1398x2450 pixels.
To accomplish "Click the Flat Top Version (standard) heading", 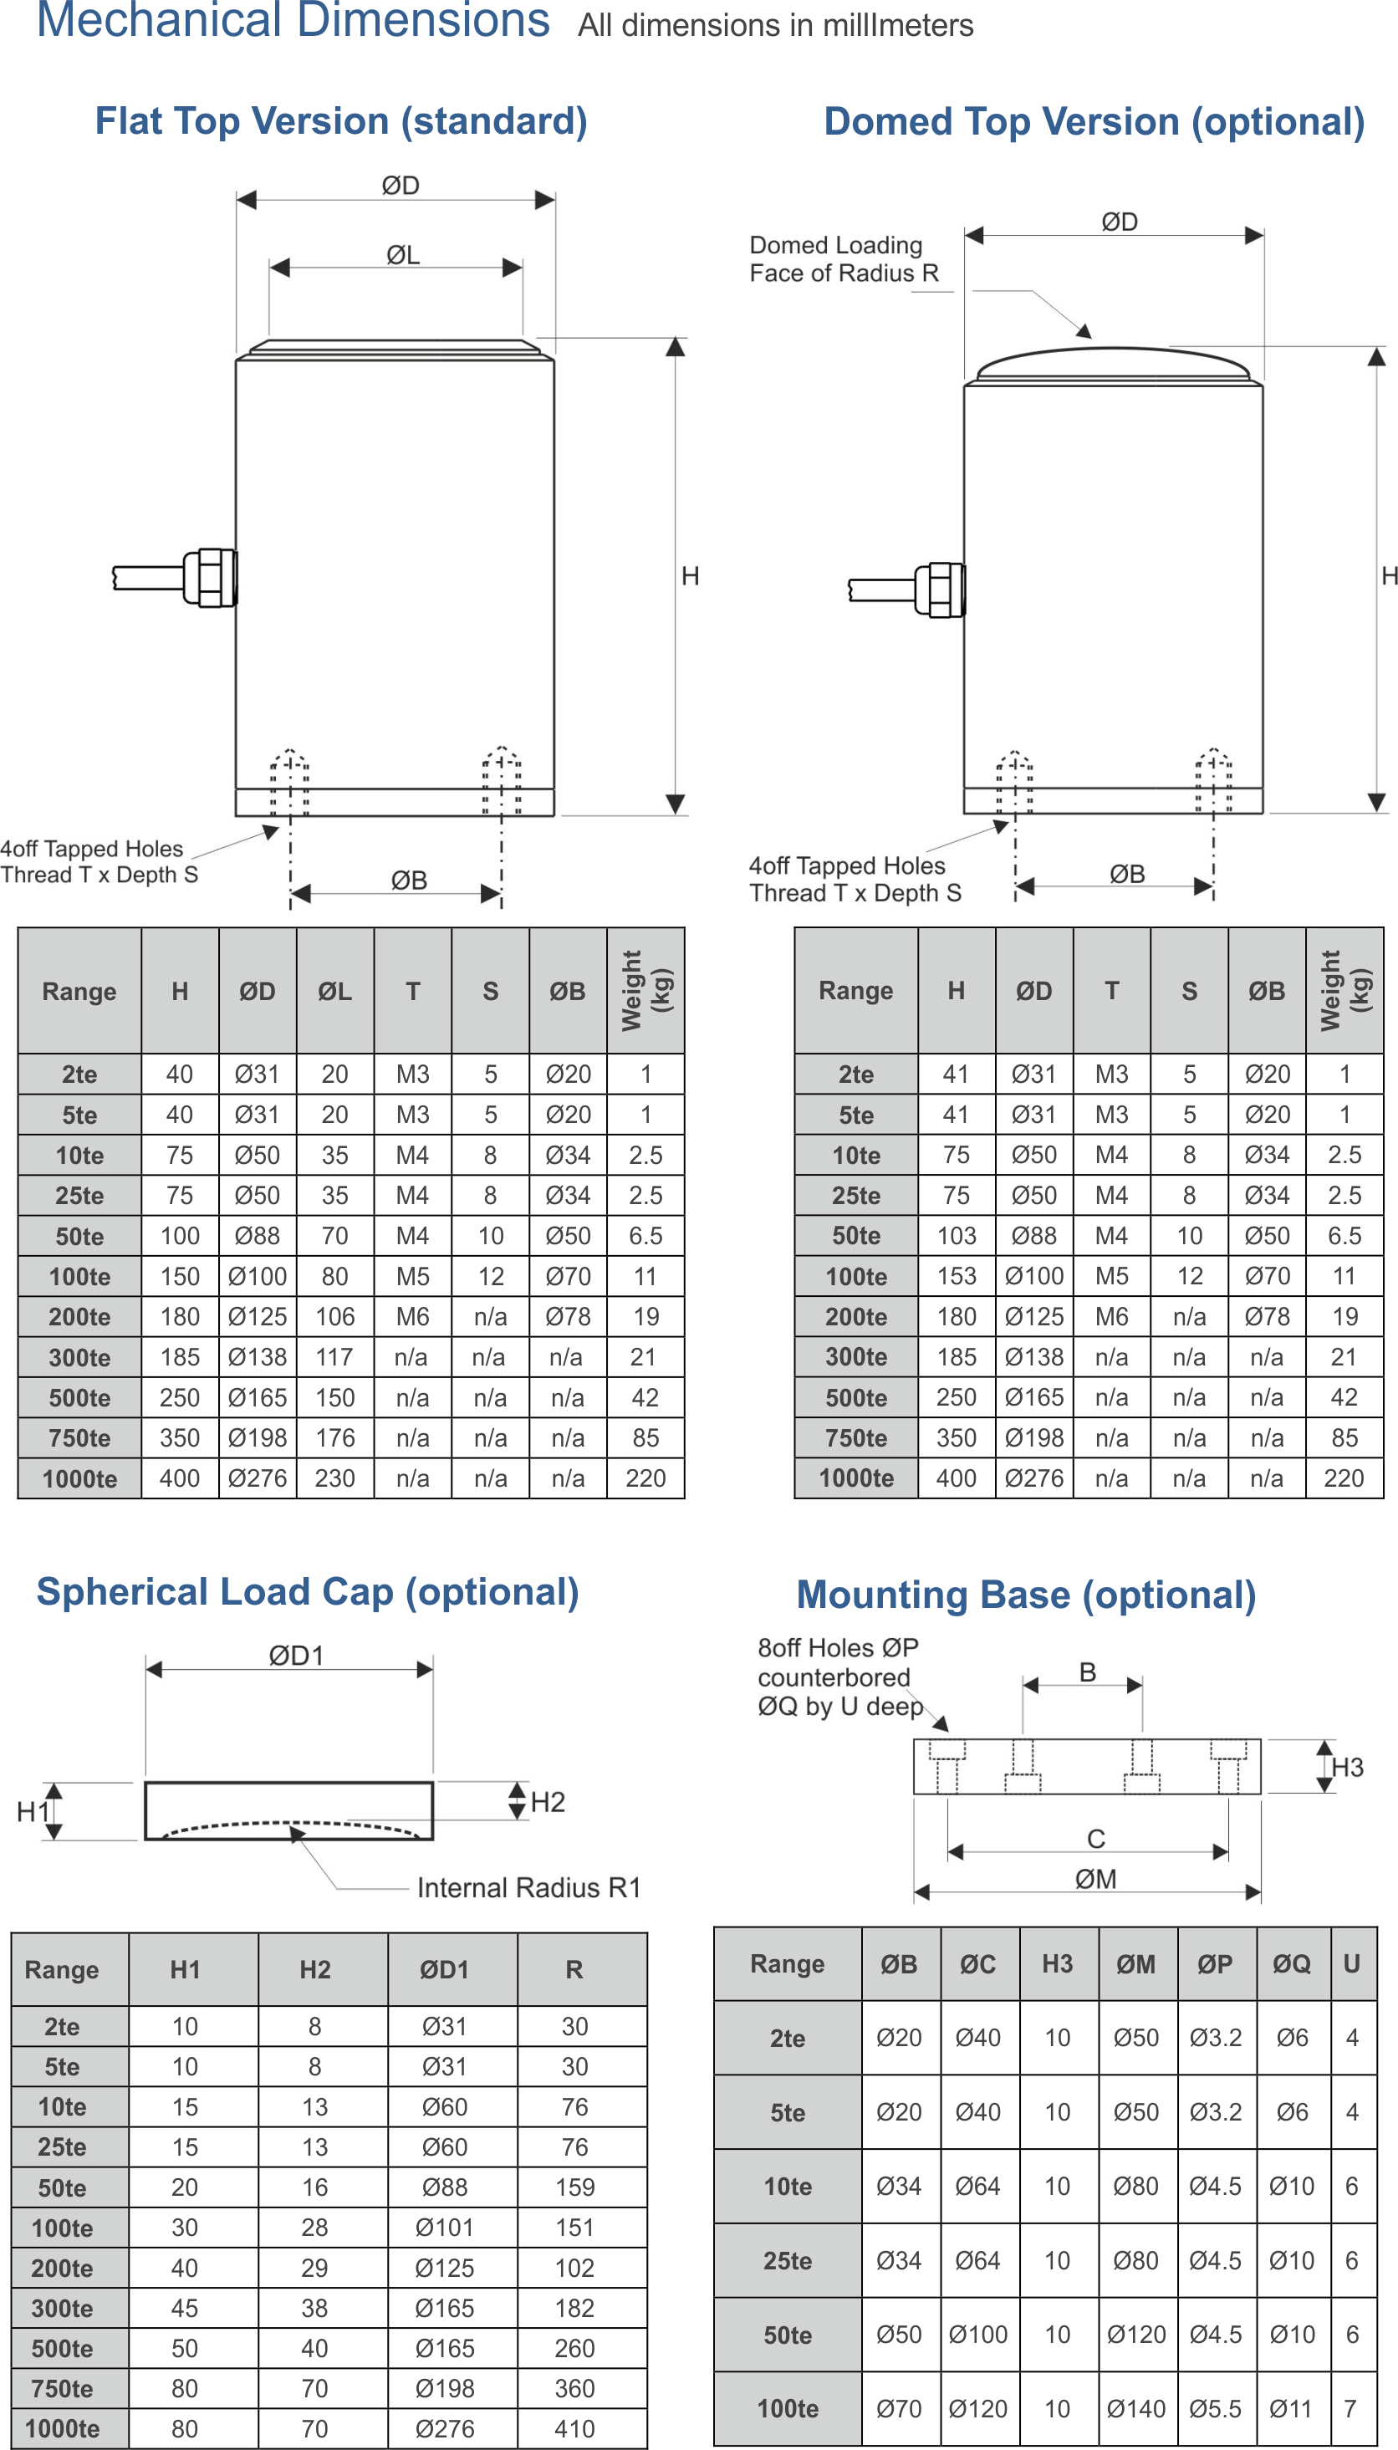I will click(x=341, y=122).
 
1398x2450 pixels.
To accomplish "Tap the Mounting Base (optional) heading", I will click(x=1025, y=1595).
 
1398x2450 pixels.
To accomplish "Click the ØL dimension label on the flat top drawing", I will click(x=402, y=255).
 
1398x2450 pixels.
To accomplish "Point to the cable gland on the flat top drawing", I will click(x=210, y=577).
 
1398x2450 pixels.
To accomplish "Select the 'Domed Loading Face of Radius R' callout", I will click(x=842, y=259).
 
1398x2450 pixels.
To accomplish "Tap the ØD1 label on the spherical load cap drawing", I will click(x=296, y=1656).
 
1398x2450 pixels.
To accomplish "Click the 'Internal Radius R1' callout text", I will click(x=526, y=1887).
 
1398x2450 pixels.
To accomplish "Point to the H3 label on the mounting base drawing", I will click(x=1346, y=1768).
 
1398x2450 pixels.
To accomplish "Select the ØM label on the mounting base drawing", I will click(x=1094, y=1879).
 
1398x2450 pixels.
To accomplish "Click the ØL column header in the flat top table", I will click(x=334, y=992).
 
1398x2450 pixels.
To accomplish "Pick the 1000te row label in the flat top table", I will click(x=79, y=1478).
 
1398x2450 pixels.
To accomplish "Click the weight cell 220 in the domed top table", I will click(x=1344, y=1478).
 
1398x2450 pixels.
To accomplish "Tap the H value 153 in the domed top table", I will click(x=956, y=1277).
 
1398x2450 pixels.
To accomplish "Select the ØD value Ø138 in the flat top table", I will click(x=257, y=1357).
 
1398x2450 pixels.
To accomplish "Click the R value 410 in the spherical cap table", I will click(x=574, y=2429).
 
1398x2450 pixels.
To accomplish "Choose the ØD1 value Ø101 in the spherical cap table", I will click(x=444, y=2228).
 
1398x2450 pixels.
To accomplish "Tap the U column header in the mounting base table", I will click(x=1351, y=1964).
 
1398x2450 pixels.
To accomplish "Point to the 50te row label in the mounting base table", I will click(x=788, y=2335).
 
